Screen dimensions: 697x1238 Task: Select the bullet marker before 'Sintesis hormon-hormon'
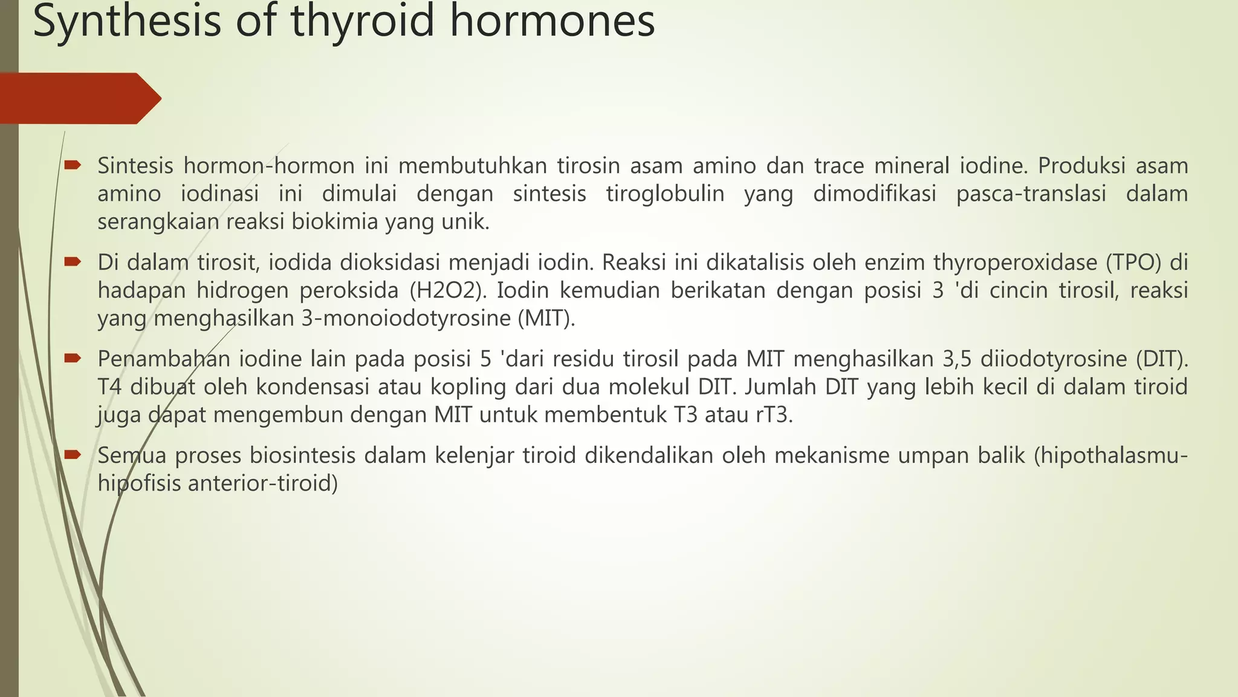pos(73,165)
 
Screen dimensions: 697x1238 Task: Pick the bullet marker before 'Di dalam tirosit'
pos(73,262)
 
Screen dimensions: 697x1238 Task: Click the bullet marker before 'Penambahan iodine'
pos(73,358)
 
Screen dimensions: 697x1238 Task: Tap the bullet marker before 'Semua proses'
pos(73,454)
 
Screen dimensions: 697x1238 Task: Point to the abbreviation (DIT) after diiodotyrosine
pos(1162,359)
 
